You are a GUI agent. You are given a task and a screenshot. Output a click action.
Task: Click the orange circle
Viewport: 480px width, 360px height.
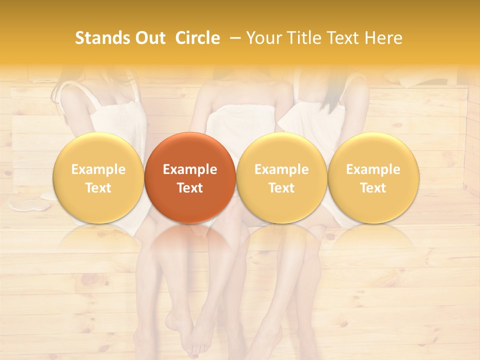point(190,177)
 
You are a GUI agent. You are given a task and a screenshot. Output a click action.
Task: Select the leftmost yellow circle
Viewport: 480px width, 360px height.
point(98,177)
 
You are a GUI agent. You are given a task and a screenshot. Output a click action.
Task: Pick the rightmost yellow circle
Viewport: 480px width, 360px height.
point(373,177)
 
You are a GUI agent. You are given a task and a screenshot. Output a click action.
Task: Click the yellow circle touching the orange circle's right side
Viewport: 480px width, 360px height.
point(281,177)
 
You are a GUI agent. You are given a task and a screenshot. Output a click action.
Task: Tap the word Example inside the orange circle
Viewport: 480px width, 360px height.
point(190,169)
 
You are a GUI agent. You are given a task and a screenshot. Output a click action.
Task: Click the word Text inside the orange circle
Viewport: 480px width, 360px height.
point(190,188)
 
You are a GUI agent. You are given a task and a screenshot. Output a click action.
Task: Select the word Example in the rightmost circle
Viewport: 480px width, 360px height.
point(373,169)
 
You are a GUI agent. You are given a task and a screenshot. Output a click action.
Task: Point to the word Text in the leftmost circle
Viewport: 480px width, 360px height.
point(98,188)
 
